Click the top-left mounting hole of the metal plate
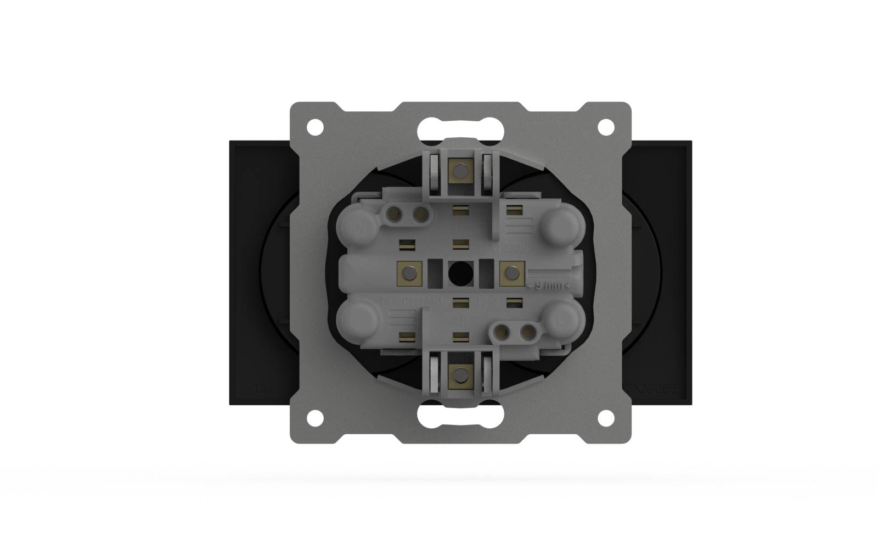315,127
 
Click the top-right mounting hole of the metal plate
605,127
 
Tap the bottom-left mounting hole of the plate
315,418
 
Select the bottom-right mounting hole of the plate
605,418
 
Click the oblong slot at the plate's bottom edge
460,416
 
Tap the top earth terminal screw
460,170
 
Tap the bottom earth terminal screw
460,376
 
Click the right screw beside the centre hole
511,272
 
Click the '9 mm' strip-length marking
549,285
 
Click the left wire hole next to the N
393,214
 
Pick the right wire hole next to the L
526,331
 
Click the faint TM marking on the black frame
261,388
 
